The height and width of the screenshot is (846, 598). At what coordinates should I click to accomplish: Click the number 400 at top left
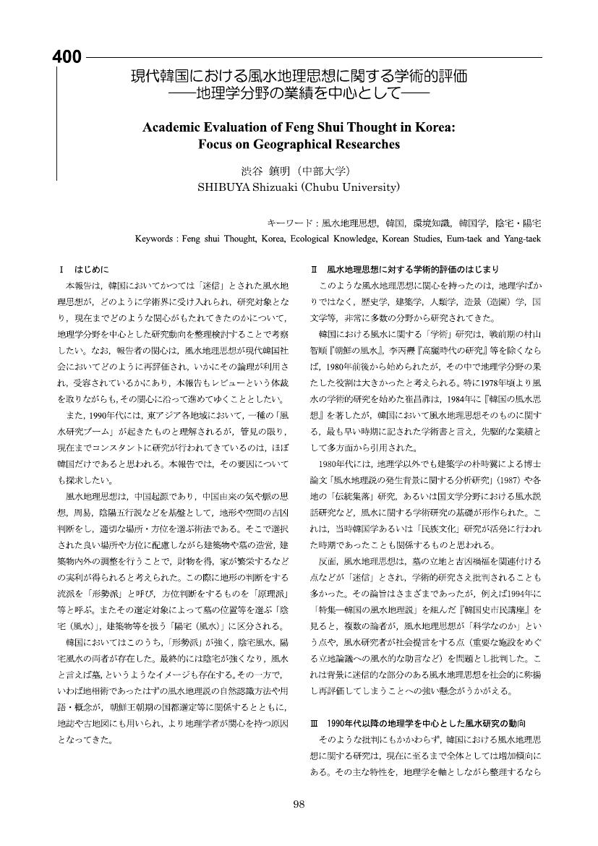67,58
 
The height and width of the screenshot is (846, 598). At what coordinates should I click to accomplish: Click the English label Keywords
156,238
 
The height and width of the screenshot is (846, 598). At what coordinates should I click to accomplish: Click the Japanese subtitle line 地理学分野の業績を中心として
299,93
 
